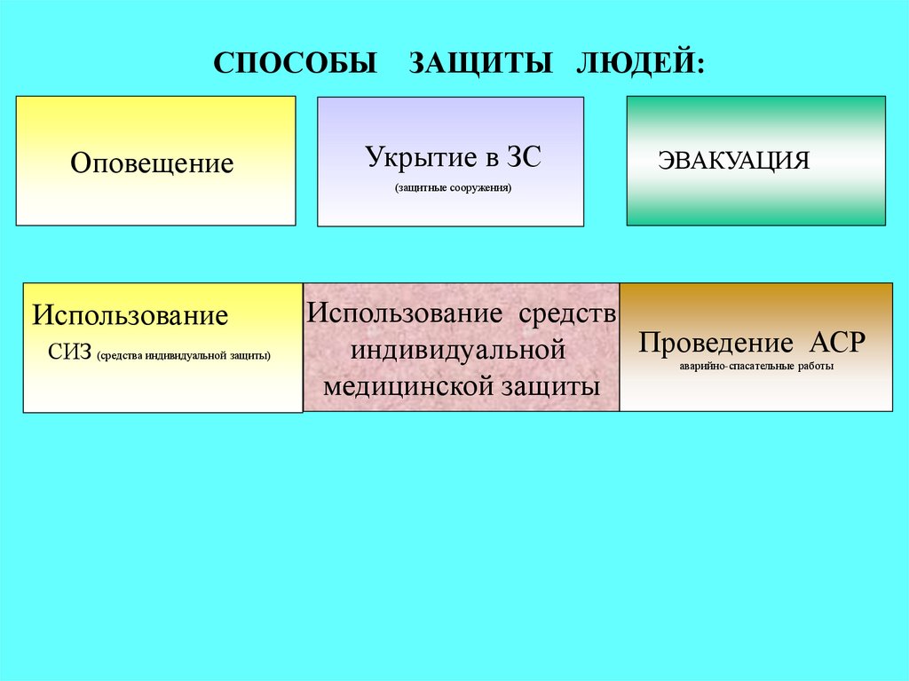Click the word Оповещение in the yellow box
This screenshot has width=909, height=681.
pos(152,163)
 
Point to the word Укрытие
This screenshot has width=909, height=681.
pos(421,158)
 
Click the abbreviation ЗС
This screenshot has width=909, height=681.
pos(523,158)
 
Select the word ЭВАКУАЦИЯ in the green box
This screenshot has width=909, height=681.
pos(733,161)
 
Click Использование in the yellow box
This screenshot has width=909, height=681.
pos(130,316)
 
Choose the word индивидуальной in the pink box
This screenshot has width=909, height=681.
pos(458,350)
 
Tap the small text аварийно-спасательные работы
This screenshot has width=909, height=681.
pos(756,365)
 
